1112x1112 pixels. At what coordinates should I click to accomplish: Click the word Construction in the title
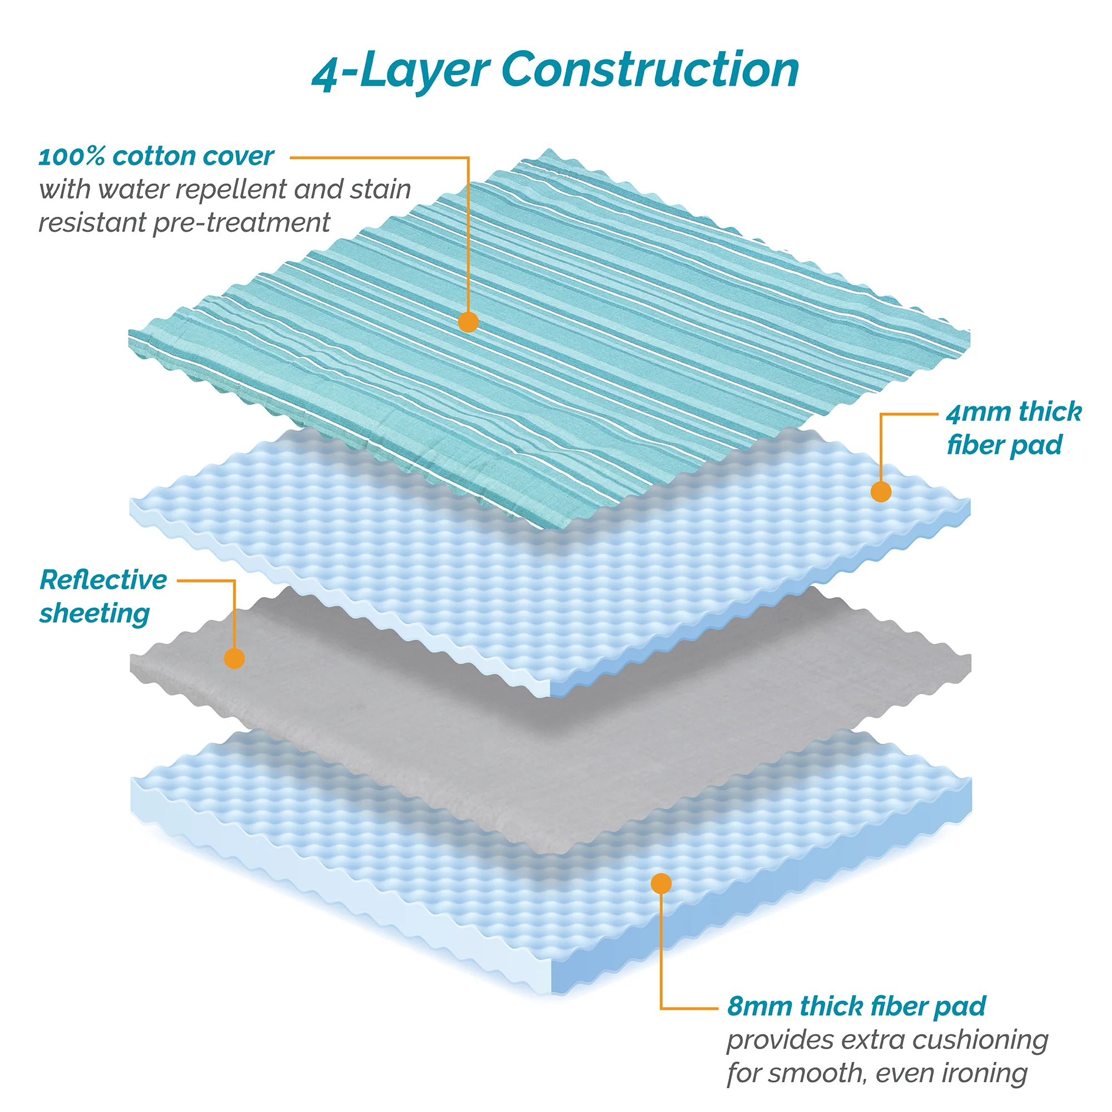pyautogui.click(x=650, y=69)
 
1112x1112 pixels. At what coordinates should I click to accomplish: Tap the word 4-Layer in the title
pyautogui.click(x=400, y=71)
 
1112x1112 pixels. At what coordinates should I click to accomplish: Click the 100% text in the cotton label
pyautogui.click(x=71, y=157)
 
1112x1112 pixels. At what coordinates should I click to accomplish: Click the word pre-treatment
pyautogui.click(x=241, y=224)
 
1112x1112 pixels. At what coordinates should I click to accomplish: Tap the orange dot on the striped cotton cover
pyautogui.click(x=469, y=322)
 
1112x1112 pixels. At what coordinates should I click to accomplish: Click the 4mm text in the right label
pyautogui.click(x=979, y=412)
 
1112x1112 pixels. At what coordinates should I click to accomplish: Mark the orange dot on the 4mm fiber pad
pyautogui.click(x=881, y=492)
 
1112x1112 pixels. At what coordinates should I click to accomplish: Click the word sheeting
pyautogui.click(x=95, y=614)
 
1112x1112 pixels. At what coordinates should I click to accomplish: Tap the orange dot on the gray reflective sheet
pyautogui.click(x=234, y=658)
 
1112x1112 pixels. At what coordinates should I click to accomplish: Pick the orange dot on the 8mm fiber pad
pyautogui.click(x=661, y=883)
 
